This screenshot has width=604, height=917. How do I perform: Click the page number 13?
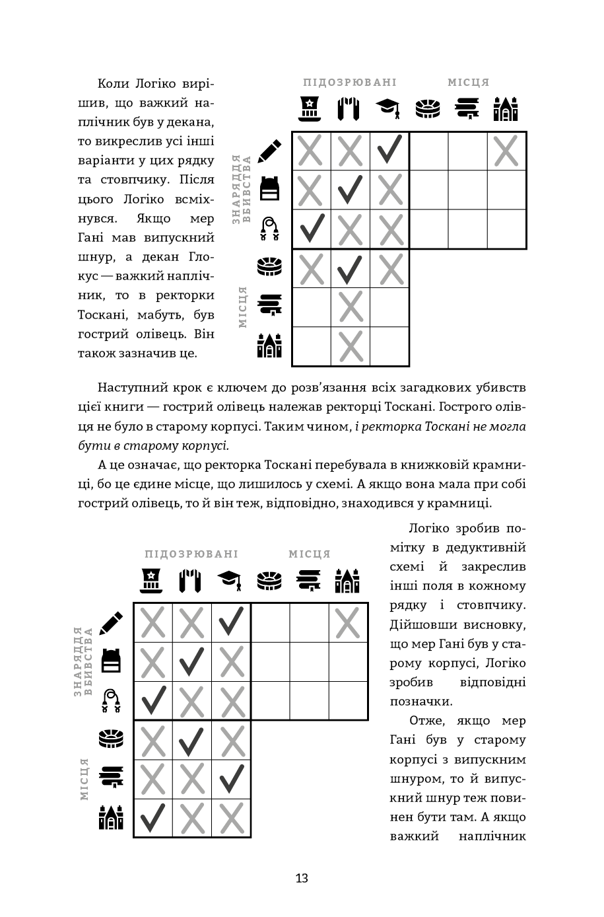click(302, 878)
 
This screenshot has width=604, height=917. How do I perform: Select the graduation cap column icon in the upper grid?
click(389, 109)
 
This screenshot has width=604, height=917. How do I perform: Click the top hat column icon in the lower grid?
click(152, 580)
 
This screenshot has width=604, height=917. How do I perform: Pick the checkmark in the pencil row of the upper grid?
click(389, 151)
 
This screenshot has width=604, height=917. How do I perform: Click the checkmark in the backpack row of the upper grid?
click(350, 190)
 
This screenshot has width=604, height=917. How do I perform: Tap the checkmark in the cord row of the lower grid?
click(152, 700)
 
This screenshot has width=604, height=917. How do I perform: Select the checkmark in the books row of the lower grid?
click(231, 779)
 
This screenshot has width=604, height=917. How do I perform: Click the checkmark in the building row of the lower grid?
click(152, 818)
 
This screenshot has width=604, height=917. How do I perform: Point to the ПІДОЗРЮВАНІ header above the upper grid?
click(350, 83)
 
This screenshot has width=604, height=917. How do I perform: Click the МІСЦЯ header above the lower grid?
click(310, 554)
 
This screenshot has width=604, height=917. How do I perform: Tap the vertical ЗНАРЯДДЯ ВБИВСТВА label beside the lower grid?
click(83, 661)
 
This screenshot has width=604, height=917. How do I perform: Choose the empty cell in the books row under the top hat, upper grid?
click(311, 307)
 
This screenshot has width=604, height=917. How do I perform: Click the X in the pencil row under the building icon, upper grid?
click(506, 151)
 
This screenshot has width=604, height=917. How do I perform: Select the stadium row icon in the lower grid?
click(111, 739)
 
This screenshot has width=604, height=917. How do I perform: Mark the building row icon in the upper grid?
click(269, 346)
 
